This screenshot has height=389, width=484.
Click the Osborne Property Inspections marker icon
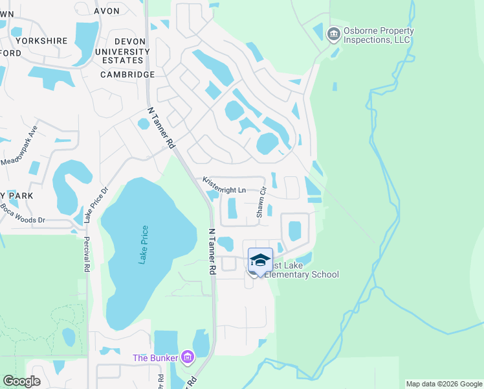pyautogui.click(x=334, y=34)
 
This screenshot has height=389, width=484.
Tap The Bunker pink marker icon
pyautogui.click(x=188, y=357)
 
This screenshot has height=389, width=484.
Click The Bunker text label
pyautogui.click(x=155, y=358)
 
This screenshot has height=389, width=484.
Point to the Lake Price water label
pyautogui.click(x=144, y=244)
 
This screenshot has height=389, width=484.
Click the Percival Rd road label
pyautogui.click(x=86, y=253)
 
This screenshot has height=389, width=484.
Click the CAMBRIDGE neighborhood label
pyautogui.click(x=127, y=75)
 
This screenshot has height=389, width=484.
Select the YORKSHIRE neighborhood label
pyautogui.click(x=41, y=40)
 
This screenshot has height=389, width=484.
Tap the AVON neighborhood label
pyautogui.click(x=107, y=11)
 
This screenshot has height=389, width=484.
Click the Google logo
pyautogui.click(x=21, y=381)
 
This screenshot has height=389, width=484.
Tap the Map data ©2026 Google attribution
pyautogui.click(x=443, y=384)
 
